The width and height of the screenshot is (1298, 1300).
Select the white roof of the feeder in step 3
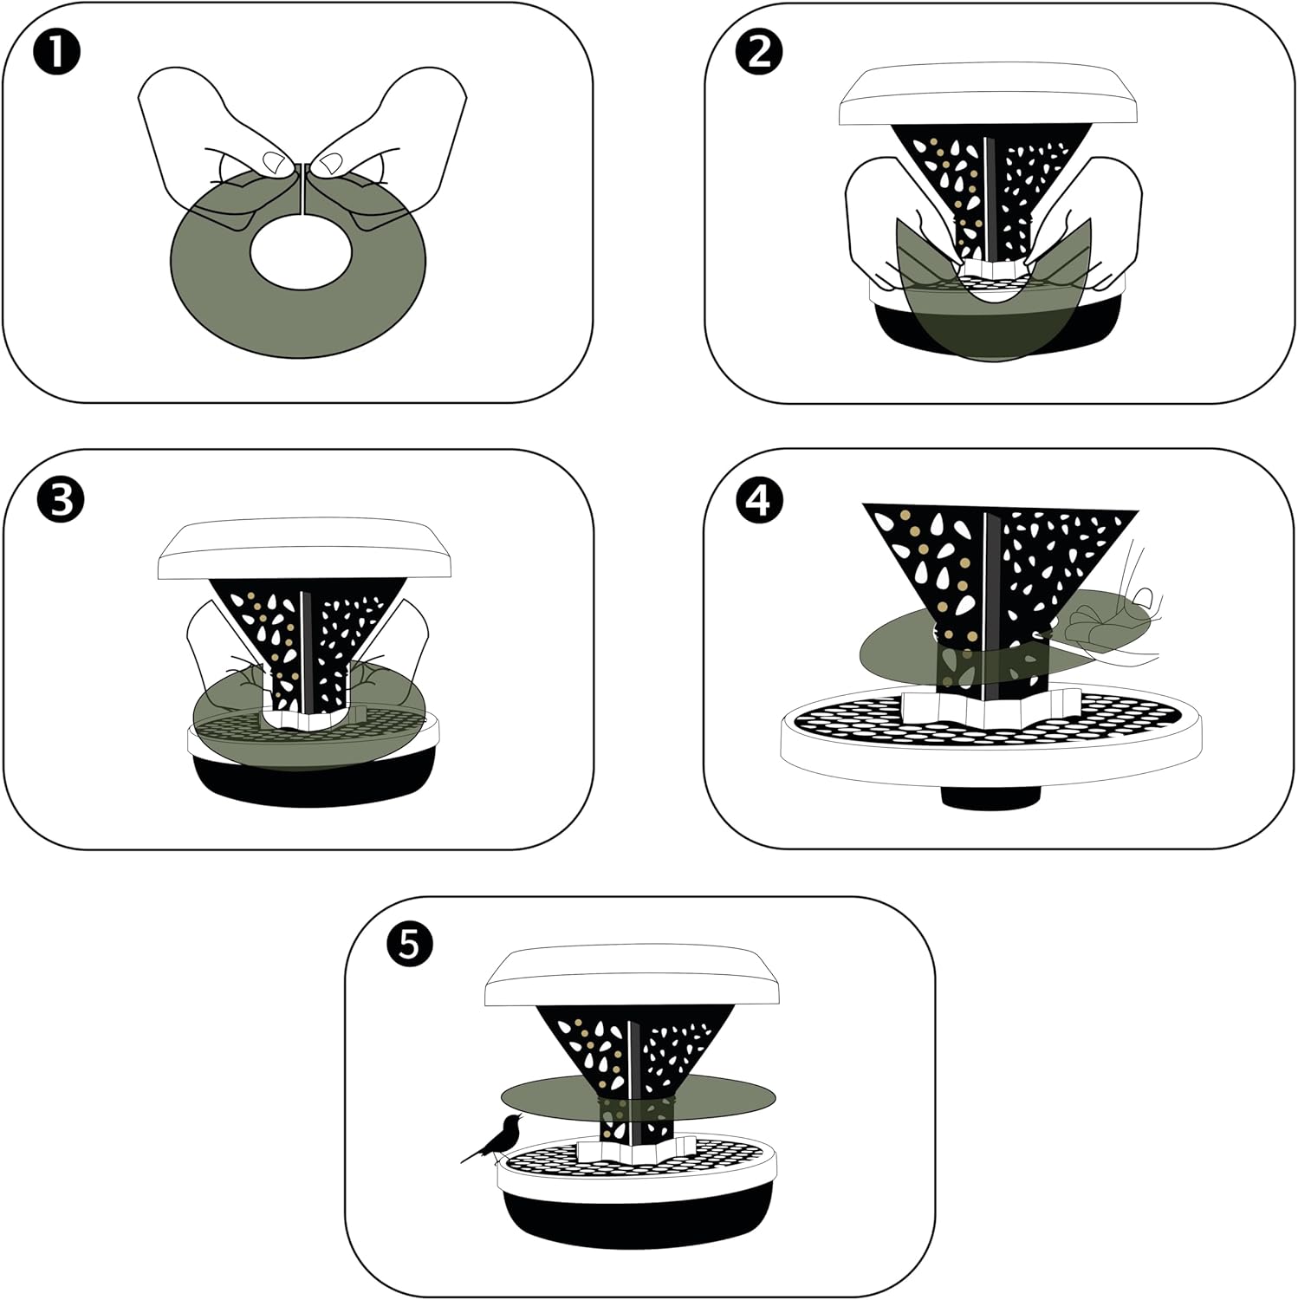pos(304,552)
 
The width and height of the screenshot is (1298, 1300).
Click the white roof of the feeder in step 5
pos(633,978)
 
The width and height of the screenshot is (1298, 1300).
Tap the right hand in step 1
pos(390,147)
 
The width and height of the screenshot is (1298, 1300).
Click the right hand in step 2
pos(1092,221)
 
